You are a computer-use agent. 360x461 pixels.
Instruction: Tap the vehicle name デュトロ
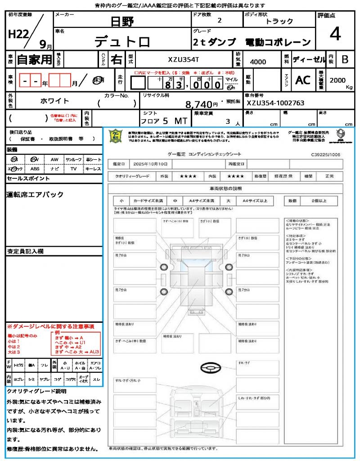point(122,42)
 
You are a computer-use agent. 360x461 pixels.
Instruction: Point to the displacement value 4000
point(258,62)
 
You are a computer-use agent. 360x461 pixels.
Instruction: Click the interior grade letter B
point(345,59)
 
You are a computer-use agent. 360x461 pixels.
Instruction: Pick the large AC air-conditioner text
point(303,80)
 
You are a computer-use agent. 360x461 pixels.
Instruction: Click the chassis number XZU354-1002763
point(275,103)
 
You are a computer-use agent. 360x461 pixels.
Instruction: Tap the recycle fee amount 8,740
point(198,104)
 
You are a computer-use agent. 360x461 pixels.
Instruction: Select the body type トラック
point(279,21)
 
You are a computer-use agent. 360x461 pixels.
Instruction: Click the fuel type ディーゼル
point(309,59)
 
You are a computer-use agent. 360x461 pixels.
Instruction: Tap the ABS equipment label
point(35,168)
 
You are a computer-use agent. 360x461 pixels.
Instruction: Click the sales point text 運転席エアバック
point(35,194)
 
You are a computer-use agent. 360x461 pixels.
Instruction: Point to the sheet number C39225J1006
point(325,154)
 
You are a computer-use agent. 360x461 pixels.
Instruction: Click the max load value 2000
point(337,80)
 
